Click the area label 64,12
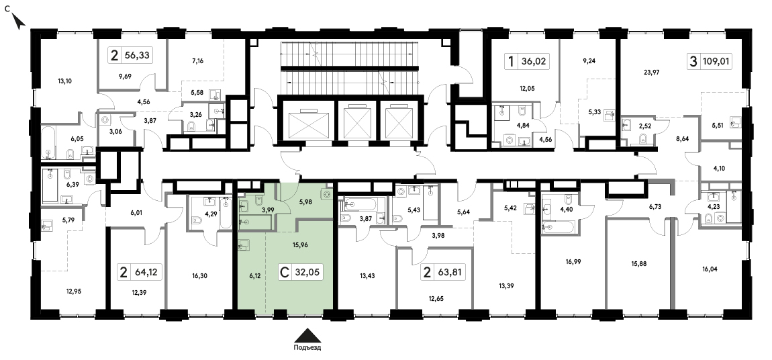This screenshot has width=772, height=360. [146, 271]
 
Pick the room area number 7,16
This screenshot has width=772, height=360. [197, 61]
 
